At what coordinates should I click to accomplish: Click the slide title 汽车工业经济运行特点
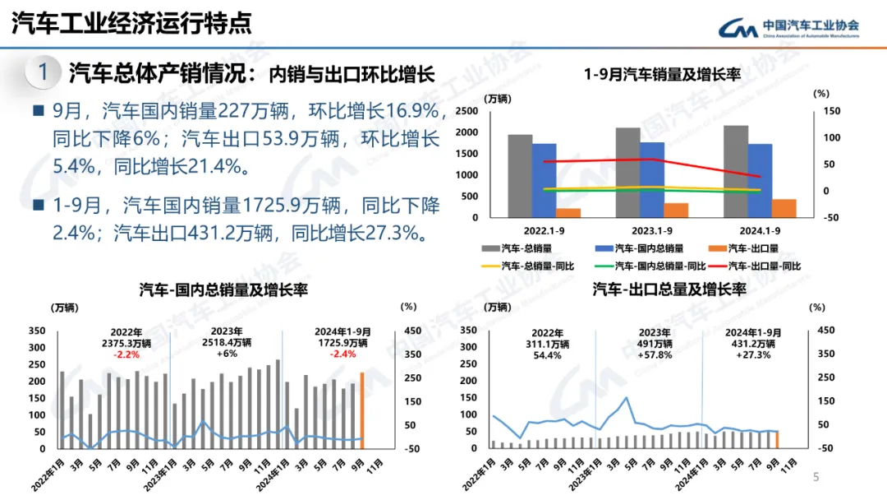click(131, 23)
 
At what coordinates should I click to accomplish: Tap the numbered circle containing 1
click(44, 72)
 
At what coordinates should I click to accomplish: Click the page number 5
click(816, 477)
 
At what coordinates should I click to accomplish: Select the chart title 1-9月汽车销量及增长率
click(662, 75)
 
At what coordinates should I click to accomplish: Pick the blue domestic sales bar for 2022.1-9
click(544, 180)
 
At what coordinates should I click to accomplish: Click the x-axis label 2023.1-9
click(650, 231)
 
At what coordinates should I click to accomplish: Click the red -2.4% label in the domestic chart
click(342, 354)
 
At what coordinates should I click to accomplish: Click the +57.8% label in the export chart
click(655, 354)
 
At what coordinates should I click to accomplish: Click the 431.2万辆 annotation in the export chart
click(751, 343)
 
